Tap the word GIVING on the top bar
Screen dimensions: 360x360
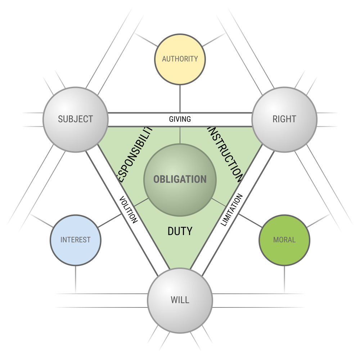(x=180, y=119)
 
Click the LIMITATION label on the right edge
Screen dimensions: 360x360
(x=232, y=210)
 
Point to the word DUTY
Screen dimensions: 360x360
(x=180, y=231)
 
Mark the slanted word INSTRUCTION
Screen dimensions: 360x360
(x=225, y=153)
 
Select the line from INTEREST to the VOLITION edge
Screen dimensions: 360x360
(x=110, y=221)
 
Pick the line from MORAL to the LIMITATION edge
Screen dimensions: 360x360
(x=250, y=221)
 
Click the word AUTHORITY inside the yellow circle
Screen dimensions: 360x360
(x=180, y=59)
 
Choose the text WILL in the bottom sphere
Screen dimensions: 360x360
(x=180, y=300)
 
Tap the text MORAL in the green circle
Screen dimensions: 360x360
(x=284, y=240)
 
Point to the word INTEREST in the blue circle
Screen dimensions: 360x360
(x=76, y=240)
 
